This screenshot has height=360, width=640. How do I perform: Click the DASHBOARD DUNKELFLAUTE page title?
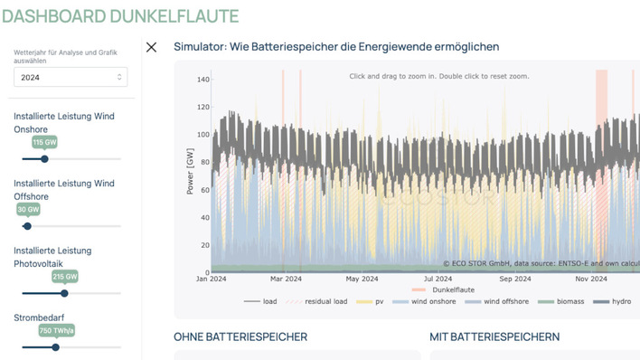coord(120,16)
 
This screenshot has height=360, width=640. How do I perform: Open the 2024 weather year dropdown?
coord(71,78)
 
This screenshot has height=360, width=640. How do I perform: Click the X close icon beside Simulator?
coord(151,47)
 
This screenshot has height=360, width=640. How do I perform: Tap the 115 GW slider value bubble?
coord(44,143)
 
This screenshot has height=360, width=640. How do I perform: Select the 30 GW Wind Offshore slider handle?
coord(27,226)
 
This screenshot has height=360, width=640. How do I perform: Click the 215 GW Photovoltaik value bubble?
coord(64,277)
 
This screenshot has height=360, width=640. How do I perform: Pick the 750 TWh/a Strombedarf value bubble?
coord(55,331)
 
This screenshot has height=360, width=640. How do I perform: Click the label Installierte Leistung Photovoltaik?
coord(52,257)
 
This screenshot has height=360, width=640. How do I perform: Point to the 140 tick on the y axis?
coord(202,80)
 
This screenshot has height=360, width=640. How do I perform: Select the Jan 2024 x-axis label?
coord(211,279)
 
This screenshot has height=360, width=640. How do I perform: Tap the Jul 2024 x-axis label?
coord(438,279)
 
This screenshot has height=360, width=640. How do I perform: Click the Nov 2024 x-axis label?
coord(590,279)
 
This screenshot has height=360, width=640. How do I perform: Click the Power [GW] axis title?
coord(189,173)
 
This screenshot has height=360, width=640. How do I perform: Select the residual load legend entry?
coord(328,301)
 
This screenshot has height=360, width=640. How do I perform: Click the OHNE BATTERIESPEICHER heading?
coord(240,337)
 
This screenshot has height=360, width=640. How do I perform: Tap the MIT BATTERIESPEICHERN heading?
coord(494,337)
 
